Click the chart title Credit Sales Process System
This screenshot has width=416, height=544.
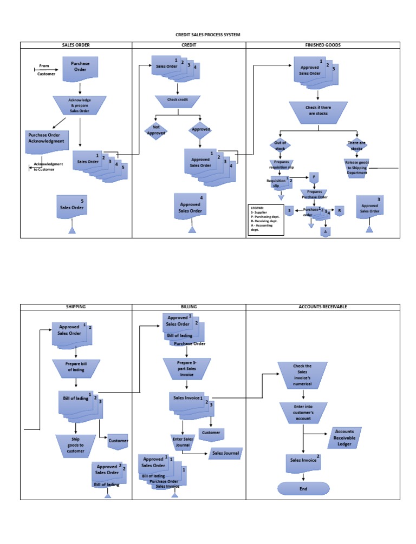click(x=207, y=35)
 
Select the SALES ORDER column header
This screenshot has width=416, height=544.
click(x=76, y=45)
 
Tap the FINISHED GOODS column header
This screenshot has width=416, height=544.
click(x=323, y=45)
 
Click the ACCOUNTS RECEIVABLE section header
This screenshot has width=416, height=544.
click(x=323, y=307)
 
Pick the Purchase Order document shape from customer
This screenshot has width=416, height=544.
click(x=80, y=67)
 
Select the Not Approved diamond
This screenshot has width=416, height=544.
click(x=155, y=130)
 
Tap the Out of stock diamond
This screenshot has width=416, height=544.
click(x=280, y=145)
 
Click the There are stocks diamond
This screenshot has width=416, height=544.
click(x=356, y=145)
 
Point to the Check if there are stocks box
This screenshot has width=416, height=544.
click(x=318, y=111)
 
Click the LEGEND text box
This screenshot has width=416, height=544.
click(x=265, y=218)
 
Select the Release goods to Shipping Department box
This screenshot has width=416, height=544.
click(x=357, y=167)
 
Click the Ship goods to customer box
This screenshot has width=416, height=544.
click(x=76, y=445)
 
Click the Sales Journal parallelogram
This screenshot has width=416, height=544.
click(x=225, y=453)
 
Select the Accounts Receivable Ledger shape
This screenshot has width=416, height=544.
click(x=344, y=438)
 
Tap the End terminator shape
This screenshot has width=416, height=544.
click(x=303, y=489)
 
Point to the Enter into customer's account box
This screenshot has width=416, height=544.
click(x=303, y=412)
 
